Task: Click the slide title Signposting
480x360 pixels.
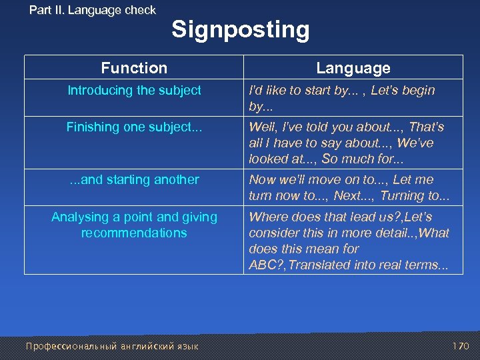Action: point(240,30)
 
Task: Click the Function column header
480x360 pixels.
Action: point(134,68)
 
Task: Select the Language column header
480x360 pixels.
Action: point(353,68)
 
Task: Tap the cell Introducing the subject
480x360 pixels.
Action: point(134,91)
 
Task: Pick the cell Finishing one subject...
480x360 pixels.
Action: point(134,127)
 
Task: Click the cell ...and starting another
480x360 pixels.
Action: point(134,180)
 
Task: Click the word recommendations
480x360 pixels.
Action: point(134,233)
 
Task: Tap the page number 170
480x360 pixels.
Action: point(461,346)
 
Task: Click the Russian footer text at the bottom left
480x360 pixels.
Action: point(112,346)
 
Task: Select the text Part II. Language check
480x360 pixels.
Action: point(93,10)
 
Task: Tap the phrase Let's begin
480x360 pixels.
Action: point(402,91)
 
